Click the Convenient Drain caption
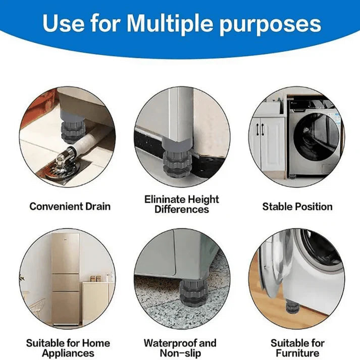tap(70, 206)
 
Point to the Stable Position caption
tap(297, 206)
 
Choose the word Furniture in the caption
tap(297, 353)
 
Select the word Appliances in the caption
tap(68, 353)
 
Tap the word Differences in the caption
tap(181, 209)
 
